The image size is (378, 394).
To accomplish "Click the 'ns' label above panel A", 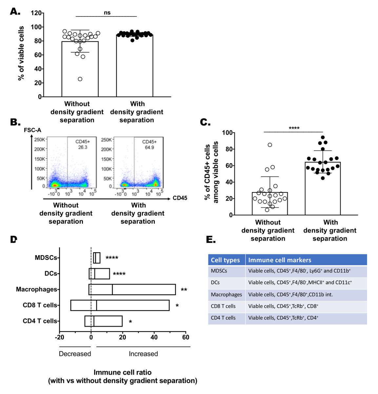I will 107,13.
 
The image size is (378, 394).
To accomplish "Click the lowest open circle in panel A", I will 80,79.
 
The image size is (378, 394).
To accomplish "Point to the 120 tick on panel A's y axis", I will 36,13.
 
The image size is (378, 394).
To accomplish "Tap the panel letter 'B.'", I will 15,122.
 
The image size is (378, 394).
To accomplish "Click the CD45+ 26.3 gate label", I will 83,144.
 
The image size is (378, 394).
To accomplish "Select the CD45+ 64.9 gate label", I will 149,144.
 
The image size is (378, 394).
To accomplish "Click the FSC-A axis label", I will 32,130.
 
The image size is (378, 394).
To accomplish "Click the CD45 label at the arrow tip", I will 180,198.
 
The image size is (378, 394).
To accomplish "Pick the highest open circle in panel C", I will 270,145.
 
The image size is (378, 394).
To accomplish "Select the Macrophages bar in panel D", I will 132,290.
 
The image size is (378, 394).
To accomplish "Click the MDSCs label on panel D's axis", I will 46,258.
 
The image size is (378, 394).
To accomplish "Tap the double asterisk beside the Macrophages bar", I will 184,290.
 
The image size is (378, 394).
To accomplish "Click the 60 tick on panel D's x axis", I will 186,337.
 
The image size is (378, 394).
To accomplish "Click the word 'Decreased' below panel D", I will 75,354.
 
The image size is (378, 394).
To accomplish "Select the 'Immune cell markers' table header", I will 280,260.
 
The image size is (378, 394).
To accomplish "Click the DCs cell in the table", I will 215,282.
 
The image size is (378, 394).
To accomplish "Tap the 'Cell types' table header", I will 225,260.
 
